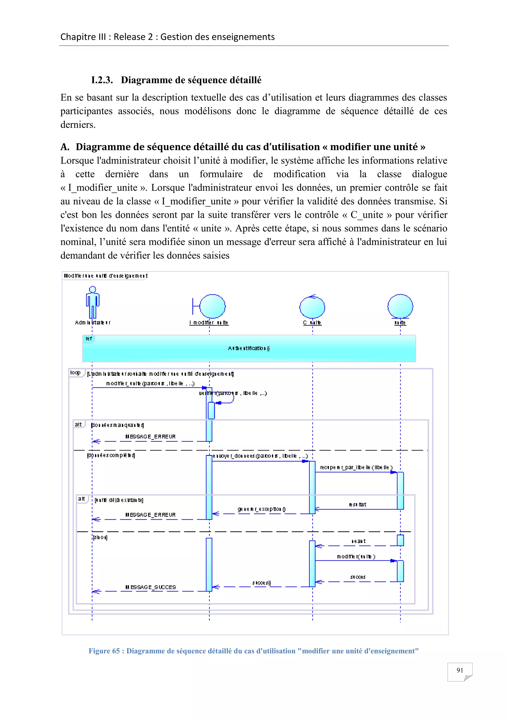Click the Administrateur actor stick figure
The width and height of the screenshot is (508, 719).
point(93,302)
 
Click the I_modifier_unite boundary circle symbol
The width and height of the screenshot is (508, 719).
point(212,306)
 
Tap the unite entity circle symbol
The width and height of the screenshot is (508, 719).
point(400,307)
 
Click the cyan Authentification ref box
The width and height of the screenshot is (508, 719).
point(249,349)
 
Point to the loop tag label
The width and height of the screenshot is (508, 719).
point(75,373)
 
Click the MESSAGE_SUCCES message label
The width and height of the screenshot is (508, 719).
point(151,587)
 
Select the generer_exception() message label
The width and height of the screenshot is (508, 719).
point(261,509)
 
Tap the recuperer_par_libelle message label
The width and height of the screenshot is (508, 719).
point(356,467)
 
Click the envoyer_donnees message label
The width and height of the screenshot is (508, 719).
point(260,456)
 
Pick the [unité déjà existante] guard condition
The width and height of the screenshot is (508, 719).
point(119,500)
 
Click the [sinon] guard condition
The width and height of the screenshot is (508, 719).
point(100,537)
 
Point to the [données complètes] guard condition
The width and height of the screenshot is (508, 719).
point(111,455)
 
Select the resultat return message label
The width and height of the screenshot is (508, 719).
point(357,504)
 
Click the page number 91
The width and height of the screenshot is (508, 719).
point(460,670)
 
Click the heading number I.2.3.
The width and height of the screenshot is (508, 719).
point(102,80)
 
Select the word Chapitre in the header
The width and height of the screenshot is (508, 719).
point(74,37)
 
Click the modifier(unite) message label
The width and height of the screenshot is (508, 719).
point(356,556)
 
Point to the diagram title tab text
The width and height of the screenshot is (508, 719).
point(105,276)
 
